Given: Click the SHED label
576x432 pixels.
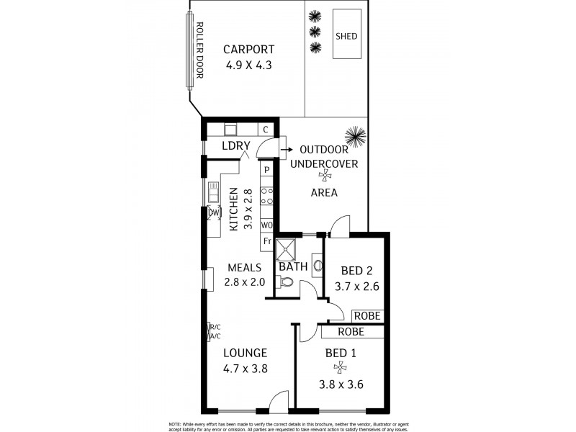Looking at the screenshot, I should (346, 36).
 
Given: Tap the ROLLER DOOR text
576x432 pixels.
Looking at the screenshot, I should (200, 50).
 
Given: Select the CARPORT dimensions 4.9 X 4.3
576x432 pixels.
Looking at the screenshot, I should (248, 65).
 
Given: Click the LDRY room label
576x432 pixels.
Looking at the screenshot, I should (235, 146).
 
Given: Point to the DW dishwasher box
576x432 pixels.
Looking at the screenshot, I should (213, 213).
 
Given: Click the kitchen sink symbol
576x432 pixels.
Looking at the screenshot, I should (214, 193).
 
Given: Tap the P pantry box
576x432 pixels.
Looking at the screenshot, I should (266, 170).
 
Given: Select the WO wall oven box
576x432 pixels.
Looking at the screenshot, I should (266, 225).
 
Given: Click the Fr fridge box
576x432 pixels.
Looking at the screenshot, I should (266, 240).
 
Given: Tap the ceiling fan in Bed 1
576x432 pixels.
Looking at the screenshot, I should (341, 366).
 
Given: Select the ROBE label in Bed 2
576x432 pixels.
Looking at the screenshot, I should (366, 316).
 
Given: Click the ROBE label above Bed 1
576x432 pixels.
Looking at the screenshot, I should (351, 332).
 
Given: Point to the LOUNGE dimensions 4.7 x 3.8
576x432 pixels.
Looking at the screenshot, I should (245, 368).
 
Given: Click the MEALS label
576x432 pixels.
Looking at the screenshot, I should (244, 267).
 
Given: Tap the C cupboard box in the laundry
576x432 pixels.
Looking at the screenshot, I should (266, 130).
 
